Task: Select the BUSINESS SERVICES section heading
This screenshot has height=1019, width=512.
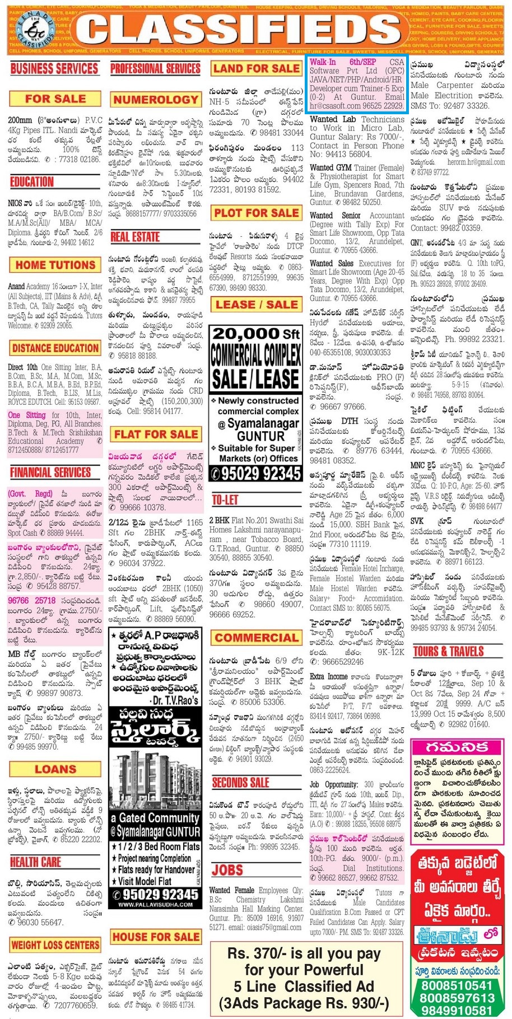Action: [54, 69]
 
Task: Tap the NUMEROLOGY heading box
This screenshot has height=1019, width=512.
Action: [156, 100]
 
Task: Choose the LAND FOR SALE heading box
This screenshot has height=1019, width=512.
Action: [257, 69]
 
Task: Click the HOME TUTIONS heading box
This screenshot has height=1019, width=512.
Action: [55, 265]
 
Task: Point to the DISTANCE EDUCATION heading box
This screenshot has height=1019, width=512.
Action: [55, 348]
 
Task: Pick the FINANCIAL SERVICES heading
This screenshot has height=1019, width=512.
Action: [50, 473]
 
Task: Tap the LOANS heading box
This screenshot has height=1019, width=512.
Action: [55, 769]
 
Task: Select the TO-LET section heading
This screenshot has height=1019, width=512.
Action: [225, 500]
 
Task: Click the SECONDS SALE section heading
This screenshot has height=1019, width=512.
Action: [241, 782]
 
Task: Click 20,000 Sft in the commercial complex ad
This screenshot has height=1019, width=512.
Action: [256, 334]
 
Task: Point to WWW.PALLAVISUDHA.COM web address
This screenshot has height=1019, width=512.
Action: [155, 904]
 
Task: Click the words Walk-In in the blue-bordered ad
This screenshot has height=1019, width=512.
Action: [323, 62]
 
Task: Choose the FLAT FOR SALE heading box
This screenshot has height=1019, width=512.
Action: [156, 434]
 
